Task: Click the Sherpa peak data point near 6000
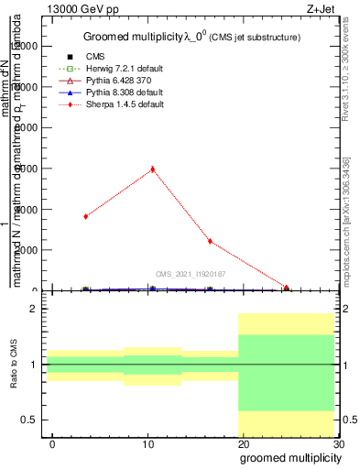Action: [153, 169]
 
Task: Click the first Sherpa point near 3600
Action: [85, 216]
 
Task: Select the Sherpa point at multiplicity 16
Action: [211, 241]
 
